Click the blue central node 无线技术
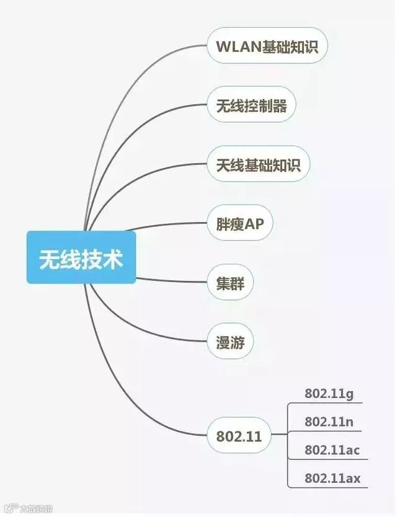81,257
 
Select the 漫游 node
230,342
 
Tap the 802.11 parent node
239,436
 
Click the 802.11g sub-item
329,393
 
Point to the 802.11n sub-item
329,422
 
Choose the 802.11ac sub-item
332,450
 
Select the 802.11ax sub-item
332,478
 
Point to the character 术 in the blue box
112,258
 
